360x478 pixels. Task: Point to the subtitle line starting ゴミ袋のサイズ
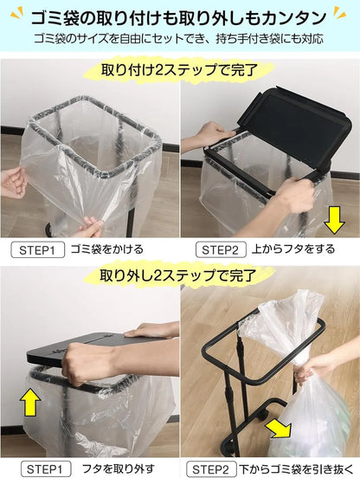pos(180,39)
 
